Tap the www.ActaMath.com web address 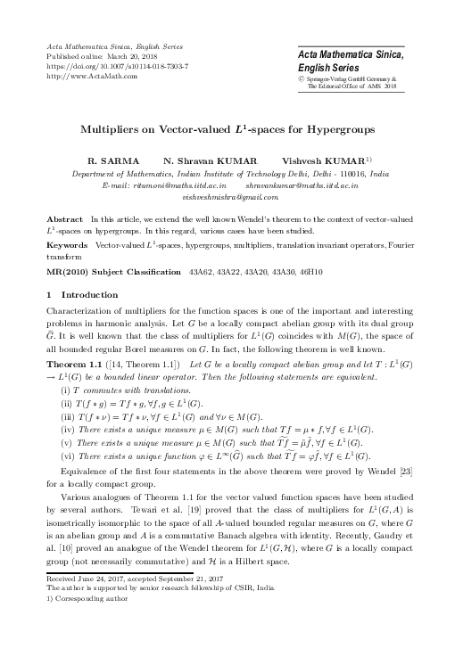85,76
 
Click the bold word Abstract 64,218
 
